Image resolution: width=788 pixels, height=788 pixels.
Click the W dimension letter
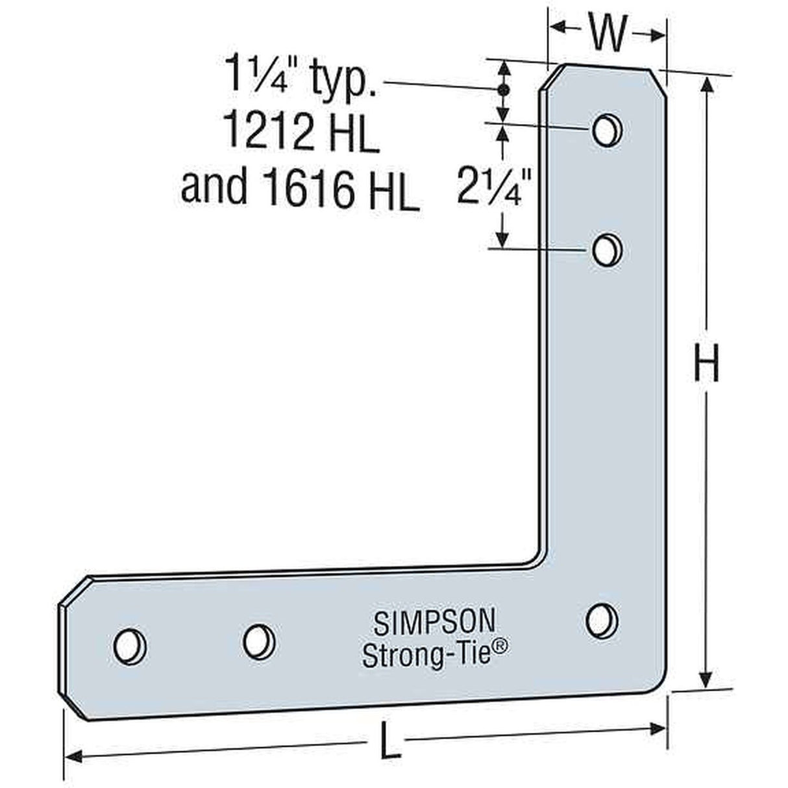[x=608, y=34]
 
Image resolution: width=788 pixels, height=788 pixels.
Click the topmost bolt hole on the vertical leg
[x=606, y=130]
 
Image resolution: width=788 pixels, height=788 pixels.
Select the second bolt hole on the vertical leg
[x=606, y=249]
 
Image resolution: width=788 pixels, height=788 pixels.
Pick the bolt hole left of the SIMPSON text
[x=258, y=640]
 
